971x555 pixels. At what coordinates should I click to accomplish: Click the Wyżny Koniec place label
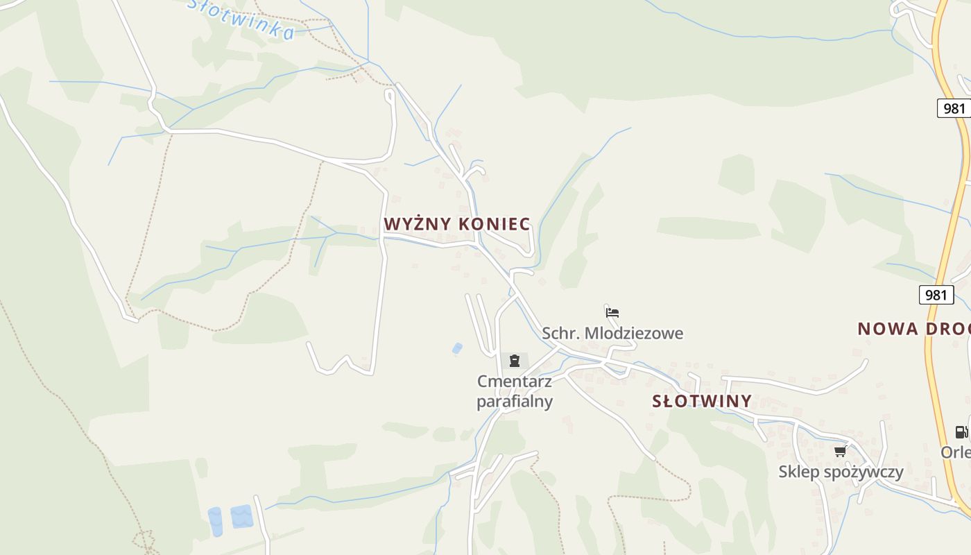click(x=457, y=224)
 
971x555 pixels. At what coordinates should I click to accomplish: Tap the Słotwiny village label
click(x=702, y=401)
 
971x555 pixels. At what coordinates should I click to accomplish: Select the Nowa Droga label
click(x=913, y=329)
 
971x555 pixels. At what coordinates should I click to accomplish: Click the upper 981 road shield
click(x=954, y=108)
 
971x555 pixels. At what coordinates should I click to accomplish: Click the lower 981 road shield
click(x=936, y=295)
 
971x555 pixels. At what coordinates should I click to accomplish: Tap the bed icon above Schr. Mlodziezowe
click(x=612, y=313)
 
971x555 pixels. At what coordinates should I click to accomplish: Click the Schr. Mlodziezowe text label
click(x=612, y=334)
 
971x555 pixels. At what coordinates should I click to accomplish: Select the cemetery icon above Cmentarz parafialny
click(x=515, y=361)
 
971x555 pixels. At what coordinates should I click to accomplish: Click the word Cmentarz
click(x=515, y=381)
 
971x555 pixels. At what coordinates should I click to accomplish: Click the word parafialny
click(x=515, y=402)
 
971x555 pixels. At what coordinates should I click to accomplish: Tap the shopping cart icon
click(x=840, y=452)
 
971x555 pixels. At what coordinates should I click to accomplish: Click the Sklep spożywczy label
click(x=841, y=472)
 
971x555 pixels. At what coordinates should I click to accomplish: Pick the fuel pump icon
click(x=961, y=432)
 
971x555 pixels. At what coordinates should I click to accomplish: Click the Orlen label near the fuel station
click(x=956, y=452)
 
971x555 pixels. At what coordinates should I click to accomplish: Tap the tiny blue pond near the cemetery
click(x=457, y=348)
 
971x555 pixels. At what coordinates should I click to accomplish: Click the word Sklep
click(x=798, y=472)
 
